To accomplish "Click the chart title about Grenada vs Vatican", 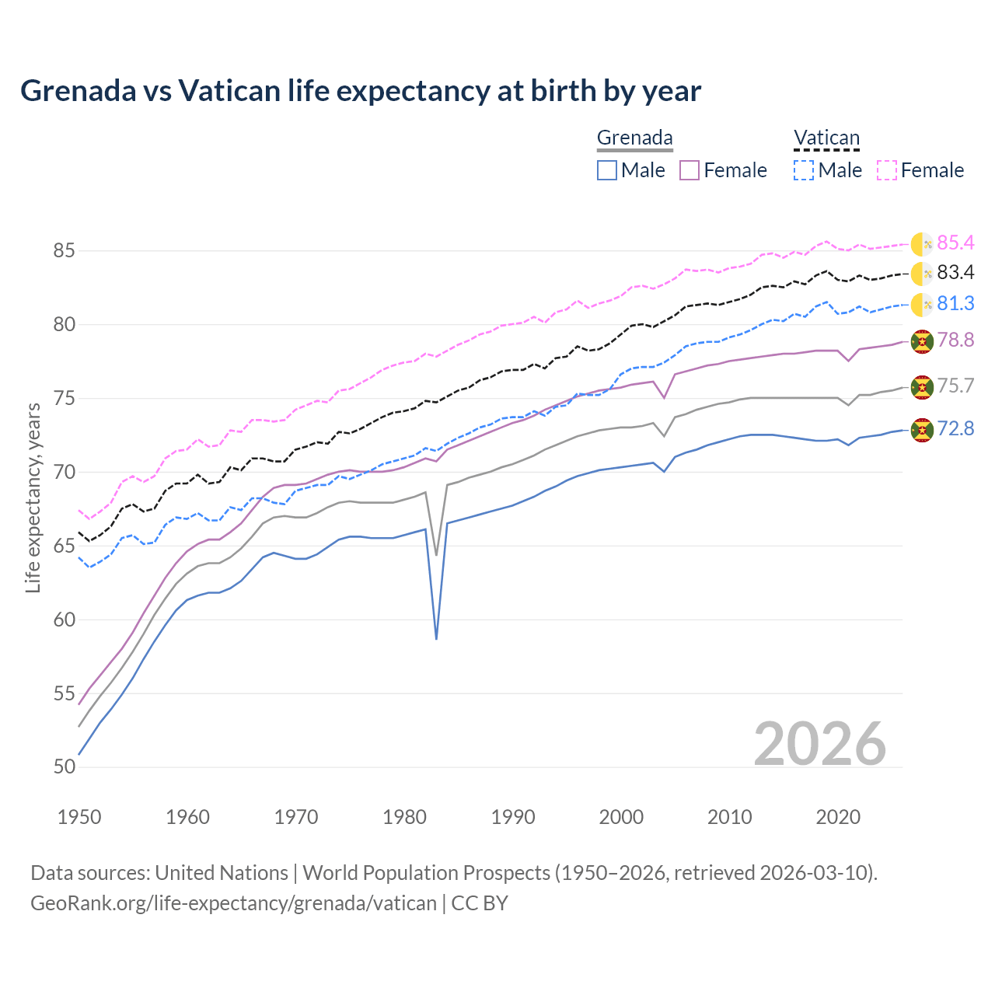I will point(361,91).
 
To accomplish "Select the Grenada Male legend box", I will point(607,170).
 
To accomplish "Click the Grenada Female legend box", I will point(690,170).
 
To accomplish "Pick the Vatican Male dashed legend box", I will point(804,170).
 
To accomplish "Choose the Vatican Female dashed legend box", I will point(887,170).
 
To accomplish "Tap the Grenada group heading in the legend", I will point(634,138).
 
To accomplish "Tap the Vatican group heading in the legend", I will point(826,138).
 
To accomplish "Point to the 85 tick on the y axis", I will point(65,251).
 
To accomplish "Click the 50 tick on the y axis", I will point(65,767).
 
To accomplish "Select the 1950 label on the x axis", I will point(79,817).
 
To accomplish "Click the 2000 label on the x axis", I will point(621,817).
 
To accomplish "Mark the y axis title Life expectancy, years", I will point(33,497).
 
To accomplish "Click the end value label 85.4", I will point(955,243).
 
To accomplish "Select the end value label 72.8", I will point(955,429).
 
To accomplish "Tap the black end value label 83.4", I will point(955,273).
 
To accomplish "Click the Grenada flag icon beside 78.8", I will point(922,341).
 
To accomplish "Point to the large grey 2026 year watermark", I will point(820,744).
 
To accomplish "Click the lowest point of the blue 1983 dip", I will point(437,639).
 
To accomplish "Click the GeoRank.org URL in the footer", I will point(233,903).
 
